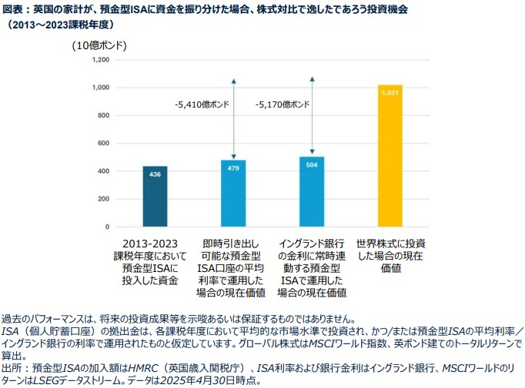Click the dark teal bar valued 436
[x=155, y=197]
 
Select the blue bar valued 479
[x=233, y=194]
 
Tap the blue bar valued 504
[x=312, y=192]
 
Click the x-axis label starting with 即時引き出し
[x=233, y=267]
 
